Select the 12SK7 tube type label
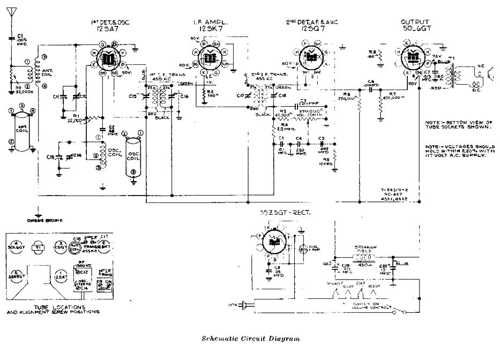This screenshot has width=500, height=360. [x=204, y=27]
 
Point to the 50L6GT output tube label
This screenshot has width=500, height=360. [x=414, y=27]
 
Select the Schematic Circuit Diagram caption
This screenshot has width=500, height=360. [x=247, y=339]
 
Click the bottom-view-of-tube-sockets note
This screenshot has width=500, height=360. [x=458, y=124]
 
